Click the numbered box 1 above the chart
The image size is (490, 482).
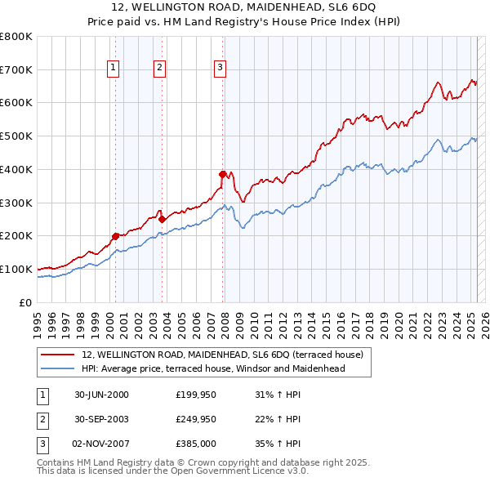pyautogui.click(x=113, y=68)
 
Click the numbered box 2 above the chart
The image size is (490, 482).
pyautogui.click(x=160, y=68)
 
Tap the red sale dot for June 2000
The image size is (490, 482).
pyautogui.click(x=115, y=236)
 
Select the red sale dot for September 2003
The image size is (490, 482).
pyautogui.click(x=163, y=219)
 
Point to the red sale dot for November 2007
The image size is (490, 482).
pyautogui.click(x=222, y=174)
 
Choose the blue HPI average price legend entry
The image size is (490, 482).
pyautogui.click(x=213, y=368)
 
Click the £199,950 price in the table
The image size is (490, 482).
pyautogui.click(x=196, y=395)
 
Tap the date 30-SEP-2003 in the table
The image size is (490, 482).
pyautogui.click(x=101, y=419)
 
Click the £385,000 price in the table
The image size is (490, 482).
pyautogui.click(x=196, y=443)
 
